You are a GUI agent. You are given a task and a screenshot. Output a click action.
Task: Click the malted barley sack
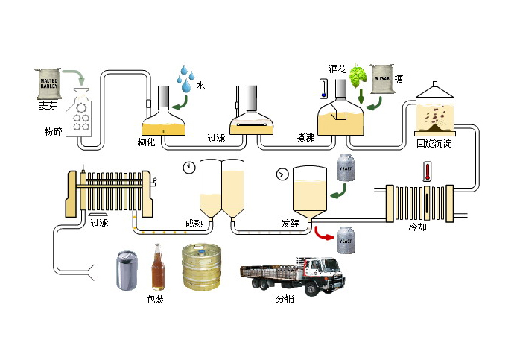pos(45,83)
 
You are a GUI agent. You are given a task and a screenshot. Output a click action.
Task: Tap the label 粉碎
pos(54,132)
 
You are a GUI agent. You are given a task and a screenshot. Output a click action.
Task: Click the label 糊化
pos(146,142)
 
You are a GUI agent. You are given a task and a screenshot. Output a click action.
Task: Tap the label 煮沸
pos(306,138)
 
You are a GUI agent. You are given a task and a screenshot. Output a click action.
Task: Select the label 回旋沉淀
pos(434,142)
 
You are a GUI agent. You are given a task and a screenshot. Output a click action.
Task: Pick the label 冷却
pos(418,227)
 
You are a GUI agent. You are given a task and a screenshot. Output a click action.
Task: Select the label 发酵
pos(291,223)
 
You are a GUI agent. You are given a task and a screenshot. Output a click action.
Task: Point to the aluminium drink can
pos(126,271)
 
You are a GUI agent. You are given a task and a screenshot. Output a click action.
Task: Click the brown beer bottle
pos(157,268)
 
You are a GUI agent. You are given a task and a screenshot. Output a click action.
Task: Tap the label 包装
pos(156,300)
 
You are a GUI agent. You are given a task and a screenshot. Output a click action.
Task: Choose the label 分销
pos(285,298)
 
